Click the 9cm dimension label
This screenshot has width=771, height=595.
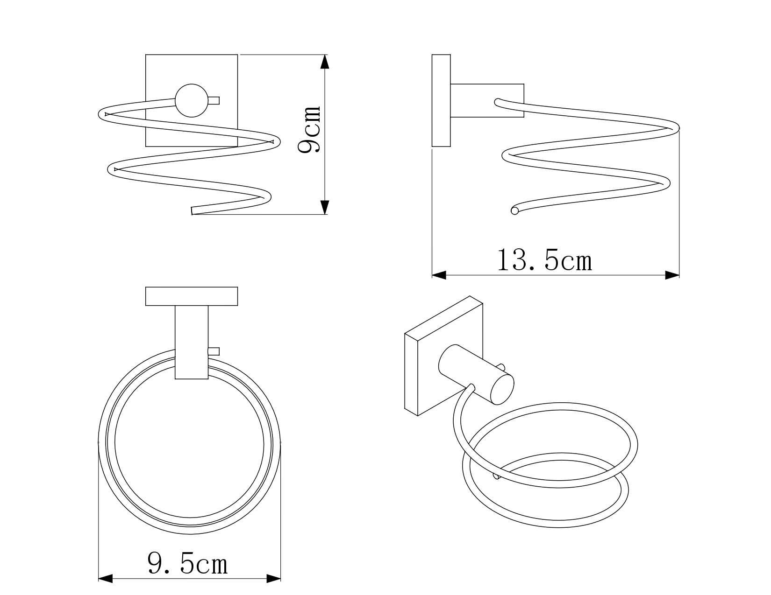(310, 129)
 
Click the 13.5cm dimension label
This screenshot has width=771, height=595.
(545, 260)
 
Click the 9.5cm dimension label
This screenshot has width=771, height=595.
(187, 564)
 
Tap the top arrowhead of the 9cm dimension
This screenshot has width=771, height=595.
(325, 62)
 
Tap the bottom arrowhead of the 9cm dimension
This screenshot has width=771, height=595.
(325, 207)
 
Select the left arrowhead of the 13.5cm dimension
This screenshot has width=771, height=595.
(439, 275)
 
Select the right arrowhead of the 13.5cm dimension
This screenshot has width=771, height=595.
(672, 275)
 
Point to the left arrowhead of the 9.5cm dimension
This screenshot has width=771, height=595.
(106, 579)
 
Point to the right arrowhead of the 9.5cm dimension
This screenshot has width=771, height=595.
(273, 579)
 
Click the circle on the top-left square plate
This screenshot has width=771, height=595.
(192, 101)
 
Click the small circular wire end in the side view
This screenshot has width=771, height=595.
(514, 211)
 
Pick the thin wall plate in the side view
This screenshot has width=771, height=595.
(441, 100)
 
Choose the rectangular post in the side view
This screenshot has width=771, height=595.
(487, 100)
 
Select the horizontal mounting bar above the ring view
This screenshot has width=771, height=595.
(192, 296)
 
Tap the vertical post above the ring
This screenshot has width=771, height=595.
(192, 342)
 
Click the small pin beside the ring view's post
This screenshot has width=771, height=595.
(214, 351)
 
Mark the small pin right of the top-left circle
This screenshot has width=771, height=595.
(214, 101)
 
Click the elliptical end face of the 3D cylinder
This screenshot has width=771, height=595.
(502, 389)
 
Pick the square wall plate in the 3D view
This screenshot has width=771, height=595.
(443, 356)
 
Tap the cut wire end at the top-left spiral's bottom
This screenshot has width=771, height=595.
(192, 211)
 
